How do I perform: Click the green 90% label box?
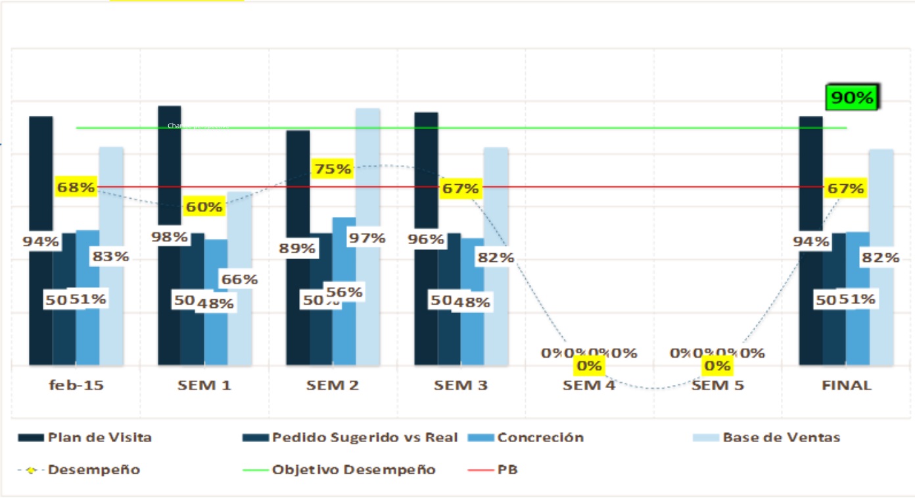coord(853,98)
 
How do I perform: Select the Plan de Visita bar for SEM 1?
coord(170,164)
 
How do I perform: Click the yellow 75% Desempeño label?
coord(333,169)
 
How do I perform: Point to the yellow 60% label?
coord(204,207)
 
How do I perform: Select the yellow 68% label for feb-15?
coord(76,187)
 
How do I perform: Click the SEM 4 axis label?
coord(589,386)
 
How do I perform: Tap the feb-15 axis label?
coord(76,386)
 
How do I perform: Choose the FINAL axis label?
coord(847,386)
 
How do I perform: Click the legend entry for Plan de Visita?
coord(99,437)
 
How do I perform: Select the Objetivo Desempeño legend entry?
coord(354,470)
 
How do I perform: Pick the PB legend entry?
coord(507,470)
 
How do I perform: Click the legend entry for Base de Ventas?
coord(781,437)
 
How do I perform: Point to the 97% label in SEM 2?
coord(367,237)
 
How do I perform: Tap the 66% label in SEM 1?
coord(239,279)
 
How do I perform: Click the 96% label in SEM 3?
coord(426,239)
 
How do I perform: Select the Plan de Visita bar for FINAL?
coord(810,171)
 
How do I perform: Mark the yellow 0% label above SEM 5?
coord(718,366)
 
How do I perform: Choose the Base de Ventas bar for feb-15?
coord(112,197)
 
